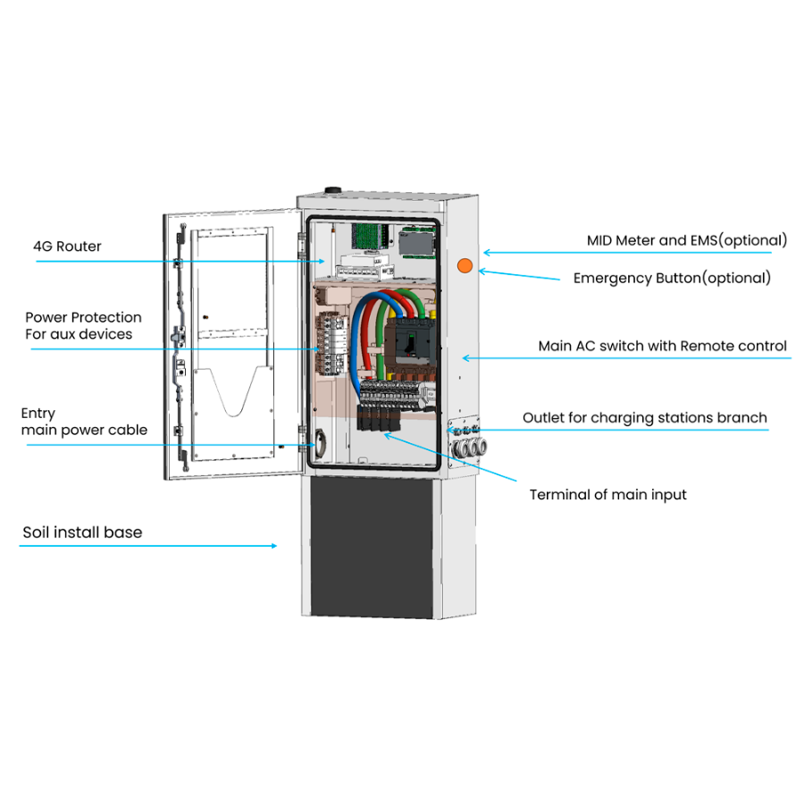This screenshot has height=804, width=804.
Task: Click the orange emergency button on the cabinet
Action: [x=465, y=264]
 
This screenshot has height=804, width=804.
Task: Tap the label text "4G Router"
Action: [x=67, y=246]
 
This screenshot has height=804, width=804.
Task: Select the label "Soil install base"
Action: [x=82, y=532]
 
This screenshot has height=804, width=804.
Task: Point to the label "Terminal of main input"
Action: [x=607, y=494]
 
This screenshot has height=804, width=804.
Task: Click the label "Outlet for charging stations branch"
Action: [x=644, y=417]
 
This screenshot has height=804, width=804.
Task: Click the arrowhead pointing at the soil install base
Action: [x=273, y=545]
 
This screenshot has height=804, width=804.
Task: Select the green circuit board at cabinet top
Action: [x=367, y=234]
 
